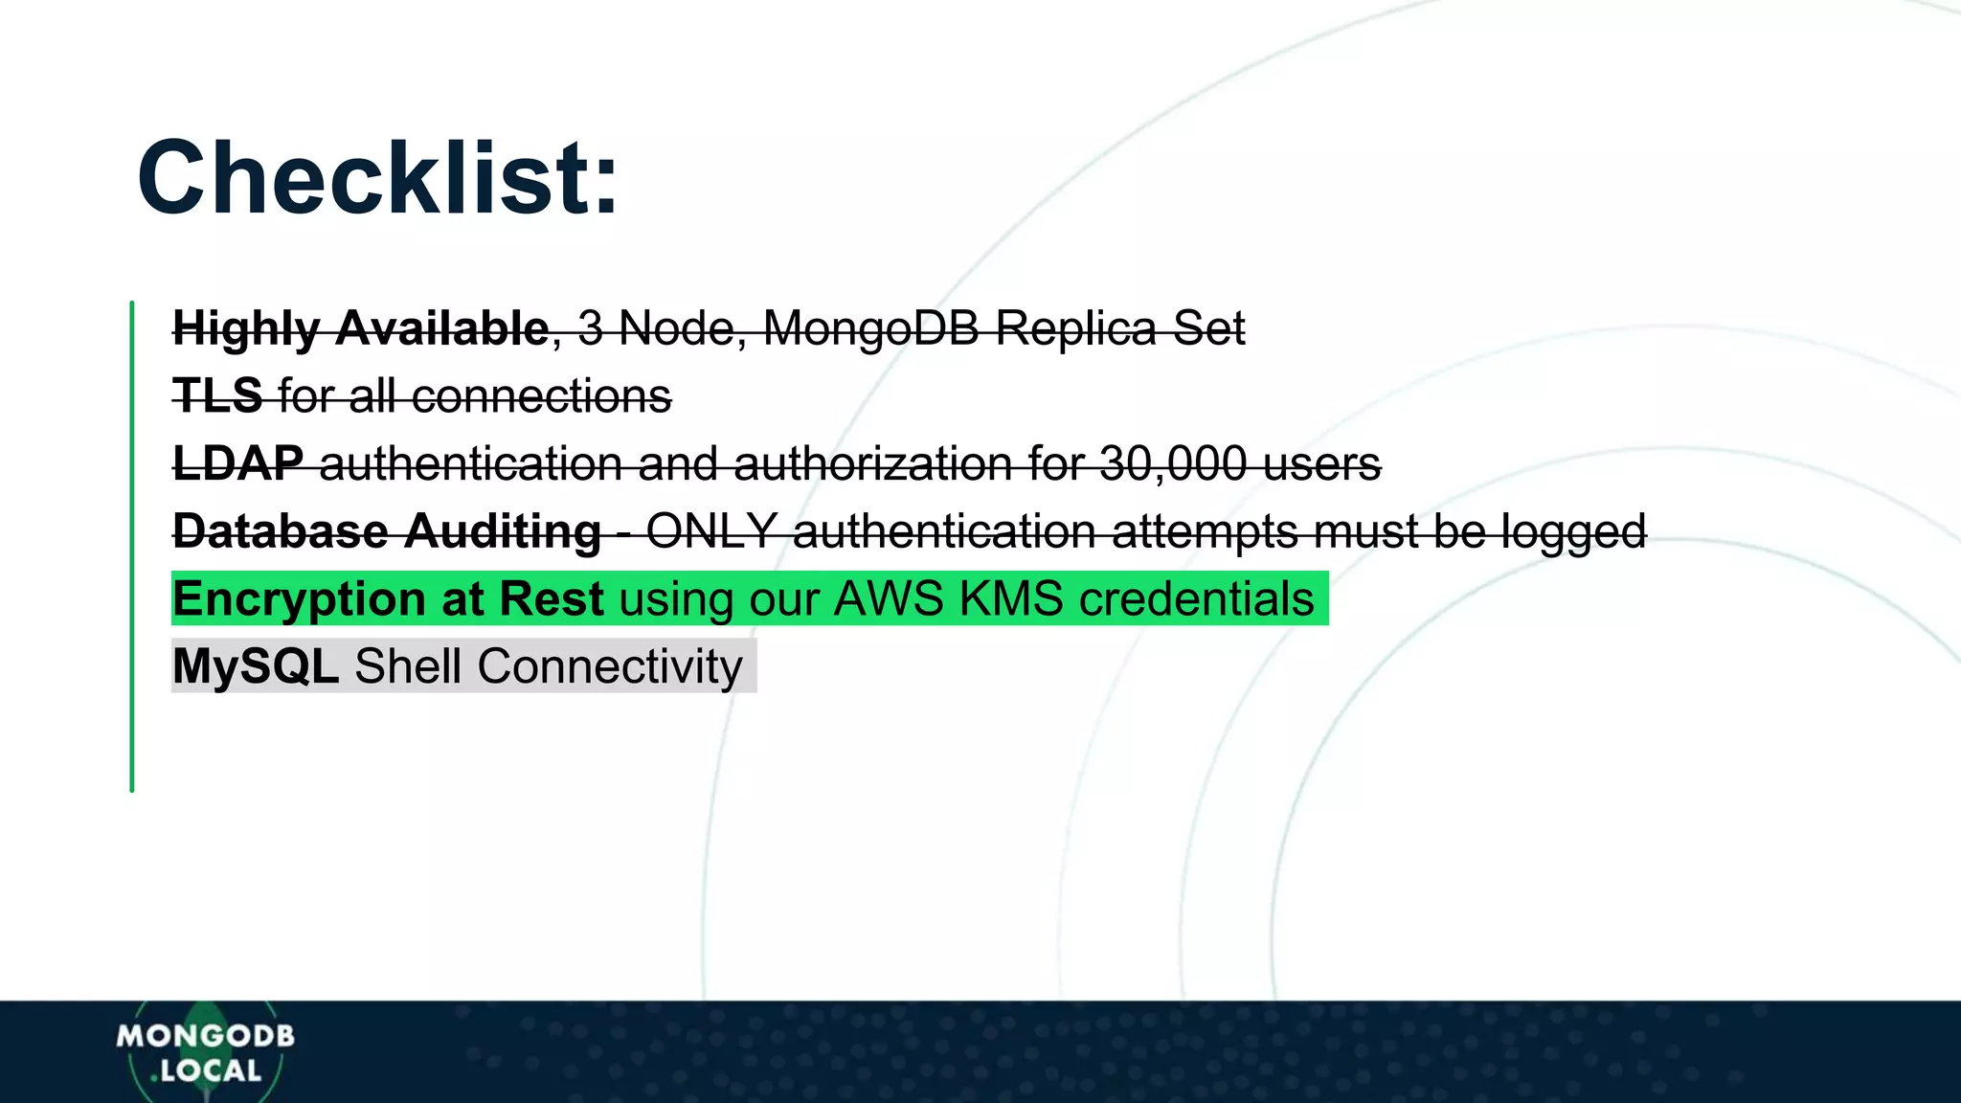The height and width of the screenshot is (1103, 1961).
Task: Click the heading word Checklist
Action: tap(377, 179)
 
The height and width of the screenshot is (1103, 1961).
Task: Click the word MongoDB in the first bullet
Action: tap(870, 328)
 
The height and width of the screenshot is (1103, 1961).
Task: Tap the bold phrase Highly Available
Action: tap(360, 328)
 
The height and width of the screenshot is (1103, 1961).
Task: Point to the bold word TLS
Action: tap(217, 395)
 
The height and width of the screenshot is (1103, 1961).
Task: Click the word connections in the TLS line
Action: tap(541, 395)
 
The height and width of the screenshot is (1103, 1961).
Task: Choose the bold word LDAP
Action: tap(237, 463)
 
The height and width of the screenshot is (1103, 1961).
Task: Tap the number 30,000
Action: tap(1173, 463)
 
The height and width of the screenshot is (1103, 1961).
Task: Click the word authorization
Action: tap(872, 463)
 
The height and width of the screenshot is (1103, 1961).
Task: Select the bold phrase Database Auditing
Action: tap(386, 531)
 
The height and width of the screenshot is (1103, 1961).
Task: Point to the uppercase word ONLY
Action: tap(711, 531)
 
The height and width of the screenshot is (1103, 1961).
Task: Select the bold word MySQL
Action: tap(256, 665)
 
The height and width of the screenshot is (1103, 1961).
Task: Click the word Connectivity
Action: tap(610, 665)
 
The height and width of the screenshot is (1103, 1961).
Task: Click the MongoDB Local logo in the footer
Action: tap(205, 1052)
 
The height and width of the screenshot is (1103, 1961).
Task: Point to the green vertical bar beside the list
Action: tap(132, 546)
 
